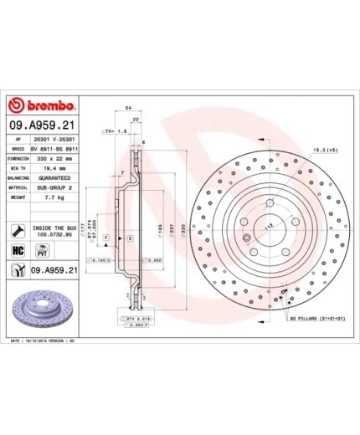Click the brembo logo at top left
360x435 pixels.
click(x=43, y=106)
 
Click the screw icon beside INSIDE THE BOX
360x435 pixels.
click(x=17, y=229)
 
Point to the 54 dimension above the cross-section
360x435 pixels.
click(x=128, y=109)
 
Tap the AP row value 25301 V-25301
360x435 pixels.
click(x=56, y=137)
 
